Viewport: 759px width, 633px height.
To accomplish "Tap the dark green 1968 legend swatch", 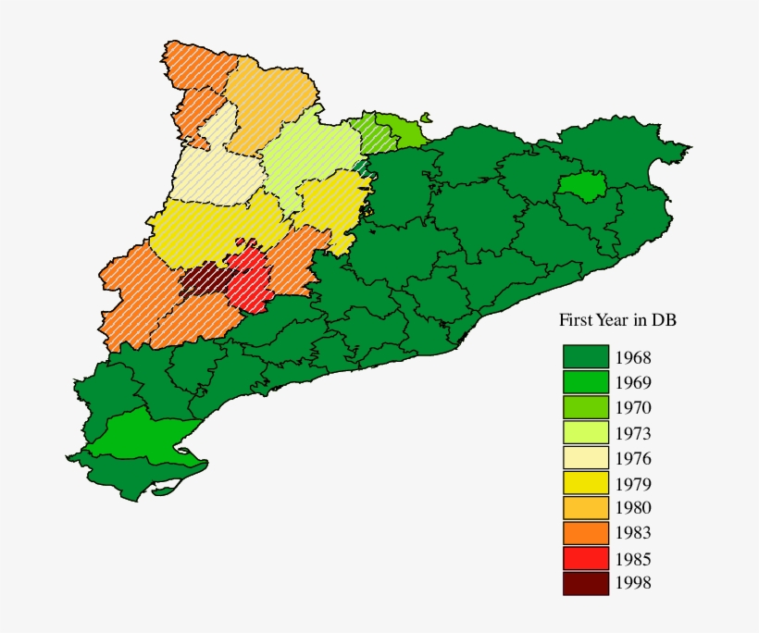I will click(x=585, y=356).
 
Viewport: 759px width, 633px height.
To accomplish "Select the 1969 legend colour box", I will click(x=585, y=382).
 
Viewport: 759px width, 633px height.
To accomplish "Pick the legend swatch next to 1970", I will click(x=585, y=407).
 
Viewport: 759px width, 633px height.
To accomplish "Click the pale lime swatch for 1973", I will click(x=585, y=432).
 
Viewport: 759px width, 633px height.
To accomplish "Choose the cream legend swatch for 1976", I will click(x=585, y=457).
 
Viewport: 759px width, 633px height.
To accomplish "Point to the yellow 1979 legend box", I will click(x=585, y=482).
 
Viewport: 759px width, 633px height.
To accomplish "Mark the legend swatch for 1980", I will click(x=585, y=507).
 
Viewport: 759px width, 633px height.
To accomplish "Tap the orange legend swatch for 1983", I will click(x=585, y=532).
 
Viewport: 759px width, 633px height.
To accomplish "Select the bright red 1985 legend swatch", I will click(x=585, y=558).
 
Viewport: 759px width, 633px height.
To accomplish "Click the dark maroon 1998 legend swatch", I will click(x=585, y=583).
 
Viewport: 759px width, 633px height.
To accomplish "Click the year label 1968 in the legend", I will click(x=633, y=357).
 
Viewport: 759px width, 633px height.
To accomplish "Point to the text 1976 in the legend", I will click(x=633, y=458).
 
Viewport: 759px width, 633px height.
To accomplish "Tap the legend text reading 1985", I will click(x=633, y=559).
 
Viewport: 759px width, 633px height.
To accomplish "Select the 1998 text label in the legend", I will click(x=633, y=583).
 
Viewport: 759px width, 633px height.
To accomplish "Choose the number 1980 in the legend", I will click(x=633, y=508).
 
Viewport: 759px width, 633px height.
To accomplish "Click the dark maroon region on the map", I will click(x=200, y=282).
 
